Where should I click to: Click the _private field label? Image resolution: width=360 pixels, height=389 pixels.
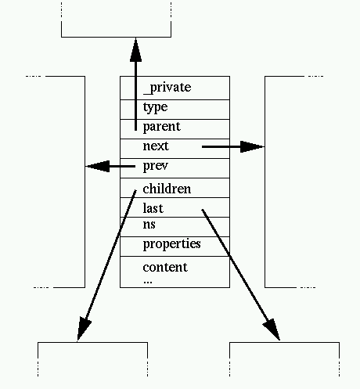167,88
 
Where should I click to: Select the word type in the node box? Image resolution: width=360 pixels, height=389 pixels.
155,107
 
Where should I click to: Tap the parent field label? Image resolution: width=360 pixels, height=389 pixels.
162,127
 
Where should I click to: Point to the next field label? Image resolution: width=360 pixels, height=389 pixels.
156,146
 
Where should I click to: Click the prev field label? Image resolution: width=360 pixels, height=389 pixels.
156,166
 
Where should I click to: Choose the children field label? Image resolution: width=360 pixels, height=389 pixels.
167,189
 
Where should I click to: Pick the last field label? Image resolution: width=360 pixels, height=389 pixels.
153,209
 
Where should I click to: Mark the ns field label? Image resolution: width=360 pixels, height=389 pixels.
149,225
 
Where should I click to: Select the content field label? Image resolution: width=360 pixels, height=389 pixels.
165,268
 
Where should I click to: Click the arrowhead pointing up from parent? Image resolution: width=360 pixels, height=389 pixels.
136,48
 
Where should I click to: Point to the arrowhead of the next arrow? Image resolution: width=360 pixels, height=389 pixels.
254,146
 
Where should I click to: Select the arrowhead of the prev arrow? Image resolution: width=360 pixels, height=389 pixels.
97,166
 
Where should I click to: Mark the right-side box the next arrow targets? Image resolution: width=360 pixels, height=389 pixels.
293,180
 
